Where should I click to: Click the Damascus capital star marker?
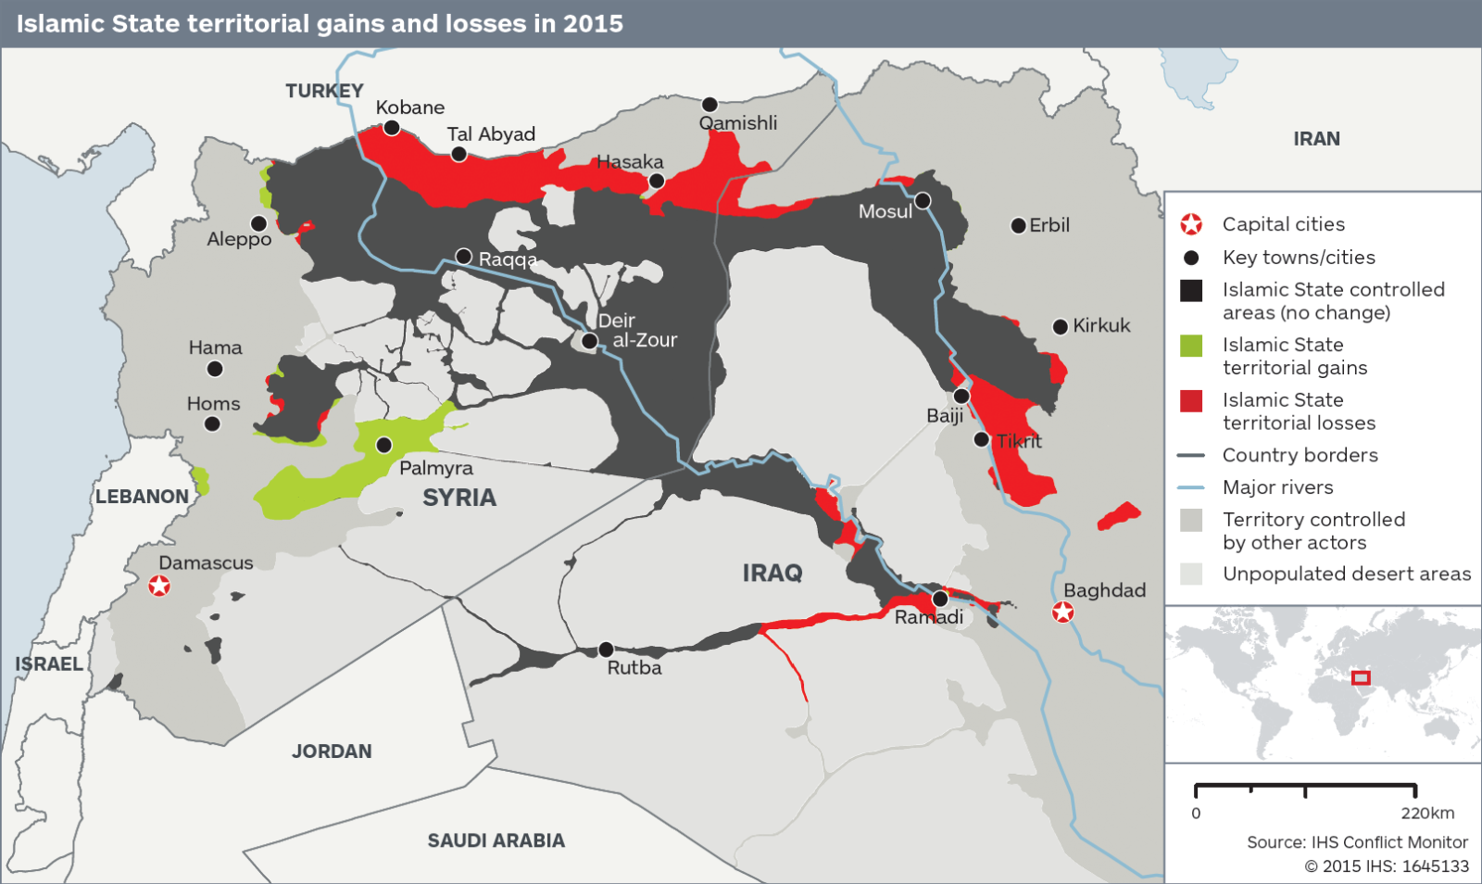click(x=159, y=586)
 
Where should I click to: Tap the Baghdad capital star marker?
click(x=1063, y=612)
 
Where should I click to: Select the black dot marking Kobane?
click(x=392, y=128)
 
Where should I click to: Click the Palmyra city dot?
click(x=384, y=446)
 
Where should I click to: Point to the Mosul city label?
click(x=885, y=211)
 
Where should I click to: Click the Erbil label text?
click(x=1049, y=225)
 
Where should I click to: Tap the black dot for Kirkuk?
click(x=1061, y=326)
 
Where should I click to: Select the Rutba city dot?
click(x=606, y=650)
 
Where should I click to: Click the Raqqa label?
click(x=508, y=259)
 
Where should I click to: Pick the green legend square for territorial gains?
click(x=1191, y=346)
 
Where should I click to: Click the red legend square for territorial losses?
click(x=1191, y=401)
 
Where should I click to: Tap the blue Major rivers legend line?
click(x=1190, y=487)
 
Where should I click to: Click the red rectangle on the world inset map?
click(x=1360, y=677)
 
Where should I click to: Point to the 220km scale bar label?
click(x=1427, y=814)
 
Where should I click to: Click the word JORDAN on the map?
click(x=332, y=751)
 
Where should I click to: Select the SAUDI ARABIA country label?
click(x=496, y=840)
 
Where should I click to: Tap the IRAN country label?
click(x=1316, y=139)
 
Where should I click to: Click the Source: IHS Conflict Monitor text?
click(x=1357, y=842)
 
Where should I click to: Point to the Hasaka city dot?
click(x=657, y=181)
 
